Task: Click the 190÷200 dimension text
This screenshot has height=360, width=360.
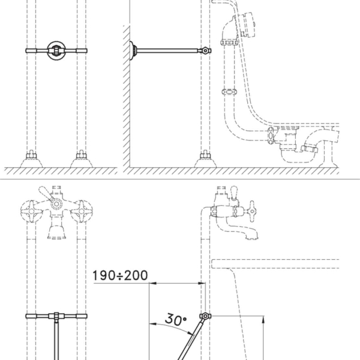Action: tap(120, 275)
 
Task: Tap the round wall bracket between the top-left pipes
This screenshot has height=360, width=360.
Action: tap(56, 50)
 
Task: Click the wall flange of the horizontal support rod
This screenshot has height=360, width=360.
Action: tap(133, 50)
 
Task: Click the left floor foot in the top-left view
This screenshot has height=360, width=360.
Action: tap(31, 159)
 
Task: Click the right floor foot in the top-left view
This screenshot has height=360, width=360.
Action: tap(81, 159)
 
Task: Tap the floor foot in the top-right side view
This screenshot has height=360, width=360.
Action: tap(205, 159)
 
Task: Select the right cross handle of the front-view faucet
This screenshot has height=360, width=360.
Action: tap(82, 211)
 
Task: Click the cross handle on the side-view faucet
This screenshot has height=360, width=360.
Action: tap(251, 211)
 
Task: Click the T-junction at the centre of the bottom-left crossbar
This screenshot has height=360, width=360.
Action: tap(56, 316)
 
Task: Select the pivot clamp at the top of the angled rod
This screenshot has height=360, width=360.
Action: tap(205, 316)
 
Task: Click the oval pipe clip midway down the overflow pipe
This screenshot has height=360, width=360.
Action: tap(229, 92)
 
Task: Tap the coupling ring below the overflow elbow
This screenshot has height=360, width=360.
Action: tap(229, 42)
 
